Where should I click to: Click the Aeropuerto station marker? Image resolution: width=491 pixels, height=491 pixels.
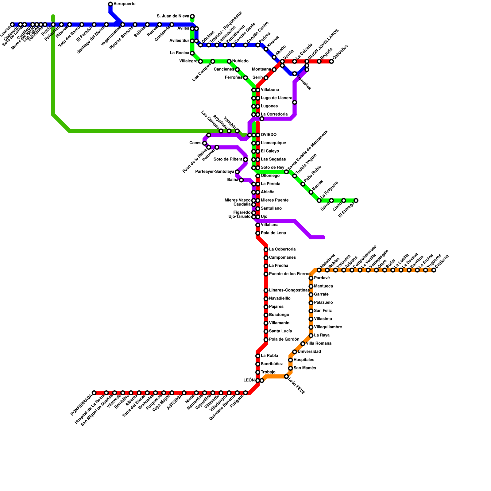coord(110,4)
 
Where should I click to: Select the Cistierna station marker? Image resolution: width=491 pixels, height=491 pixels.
coord(434,270)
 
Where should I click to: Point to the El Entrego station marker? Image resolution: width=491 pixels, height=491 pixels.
coord(356,201)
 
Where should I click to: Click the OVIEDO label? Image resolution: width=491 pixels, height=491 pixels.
coord(269,135)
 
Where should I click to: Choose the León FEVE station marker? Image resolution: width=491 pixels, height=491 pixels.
coord(286,377)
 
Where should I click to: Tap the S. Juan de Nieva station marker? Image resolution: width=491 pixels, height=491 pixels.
coord(192,16)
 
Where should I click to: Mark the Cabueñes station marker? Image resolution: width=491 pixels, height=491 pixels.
coord(331,62)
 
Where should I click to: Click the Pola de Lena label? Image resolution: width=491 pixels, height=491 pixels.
coord(273,233)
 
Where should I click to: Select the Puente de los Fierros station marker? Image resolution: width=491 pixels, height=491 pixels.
coord(266,274)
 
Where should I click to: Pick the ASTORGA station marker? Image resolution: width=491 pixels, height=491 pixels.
coord(184,393)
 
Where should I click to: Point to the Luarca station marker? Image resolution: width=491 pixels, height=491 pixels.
coord(12,25)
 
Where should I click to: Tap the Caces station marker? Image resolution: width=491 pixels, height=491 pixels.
coord(205,143)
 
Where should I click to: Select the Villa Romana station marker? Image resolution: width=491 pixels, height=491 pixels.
coord(303,344)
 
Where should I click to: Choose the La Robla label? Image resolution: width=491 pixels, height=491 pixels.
coord(269,356)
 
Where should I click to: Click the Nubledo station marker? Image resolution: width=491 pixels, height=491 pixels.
coord(229,62)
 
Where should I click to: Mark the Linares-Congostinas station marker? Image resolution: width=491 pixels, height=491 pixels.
coord(266,291)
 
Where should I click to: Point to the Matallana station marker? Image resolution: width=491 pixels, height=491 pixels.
coord(319,270)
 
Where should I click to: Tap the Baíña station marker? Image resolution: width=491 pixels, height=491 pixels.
coord(242,180)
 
